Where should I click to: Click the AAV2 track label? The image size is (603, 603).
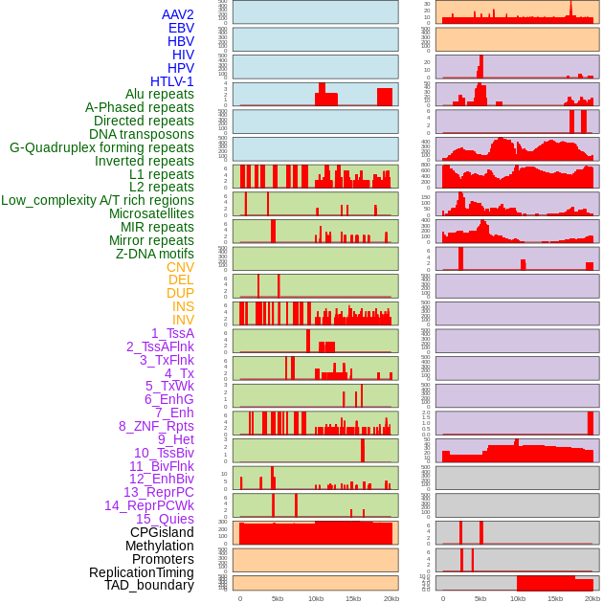pyautogui.click(x=177, y=14)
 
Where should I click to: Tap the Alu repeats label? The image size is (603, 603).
pyautogui.click(x=159, y=94)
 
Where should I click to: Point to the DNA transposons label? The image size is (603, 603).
pyautogui.click(x=142, y=134)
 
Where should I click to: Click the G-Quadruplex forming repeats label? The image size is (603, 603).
pyautogui.click(x=101, y=147)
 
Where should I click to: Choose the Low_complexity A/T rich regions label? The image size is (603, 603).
pyautogui.click(x=98, y=200)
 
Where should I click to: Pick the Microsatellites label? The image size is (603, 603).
pyautogui.click(x=151, y=213)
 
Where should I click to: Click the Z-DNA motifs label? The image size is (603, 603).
pyautogui.click(x=154, y=254)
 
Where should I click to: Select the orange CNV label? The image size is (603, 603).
pyautogui.click(x=180, y=267)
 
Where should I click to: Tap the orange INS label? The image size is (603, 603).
pyautogui.click(x=183, y=306)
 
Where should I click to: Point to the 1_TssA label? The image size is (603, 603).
pyautogui.click(x=172, y=333)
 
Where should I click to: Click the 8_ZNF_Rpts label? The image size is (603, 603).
pyautogui.click(x=156, y=426)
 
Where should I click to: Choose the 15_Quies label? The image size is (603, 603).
pyautogui.click(x=165, y=519)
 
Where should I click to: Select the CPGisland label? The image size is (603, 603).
pyautogui.click(x=162, y=532)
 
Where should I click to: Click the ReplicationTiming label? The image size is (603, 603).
pyautogui.click(x=141, y=572)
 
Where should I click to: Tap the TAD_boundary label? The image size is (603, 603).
pyautogui.click(x=149, y=585)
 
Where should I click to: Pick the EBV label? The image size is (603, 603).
pyautogui.click(x=181, y=28)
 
